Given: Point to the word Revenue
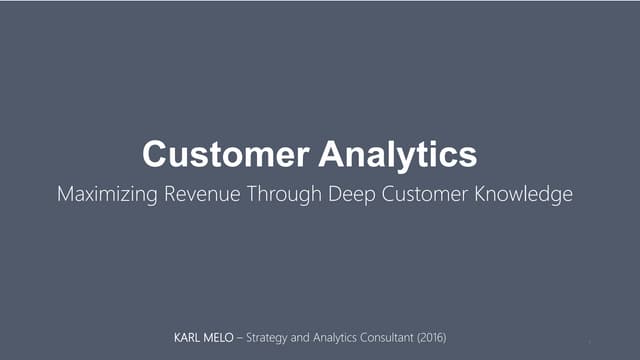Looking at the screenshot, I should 203,194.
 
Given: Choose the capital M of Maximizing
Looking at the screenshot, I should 67,194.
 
